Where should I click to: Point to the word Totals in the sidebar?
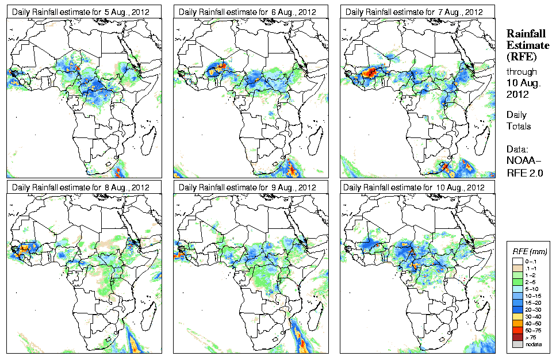pyautogui.click(x=519, y=126)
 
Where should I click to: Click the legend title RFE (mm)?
pyautogui.click(x=530, y=251)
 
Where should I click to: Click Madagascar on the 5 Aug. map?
pyautogui.click(x=150, y=138)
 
